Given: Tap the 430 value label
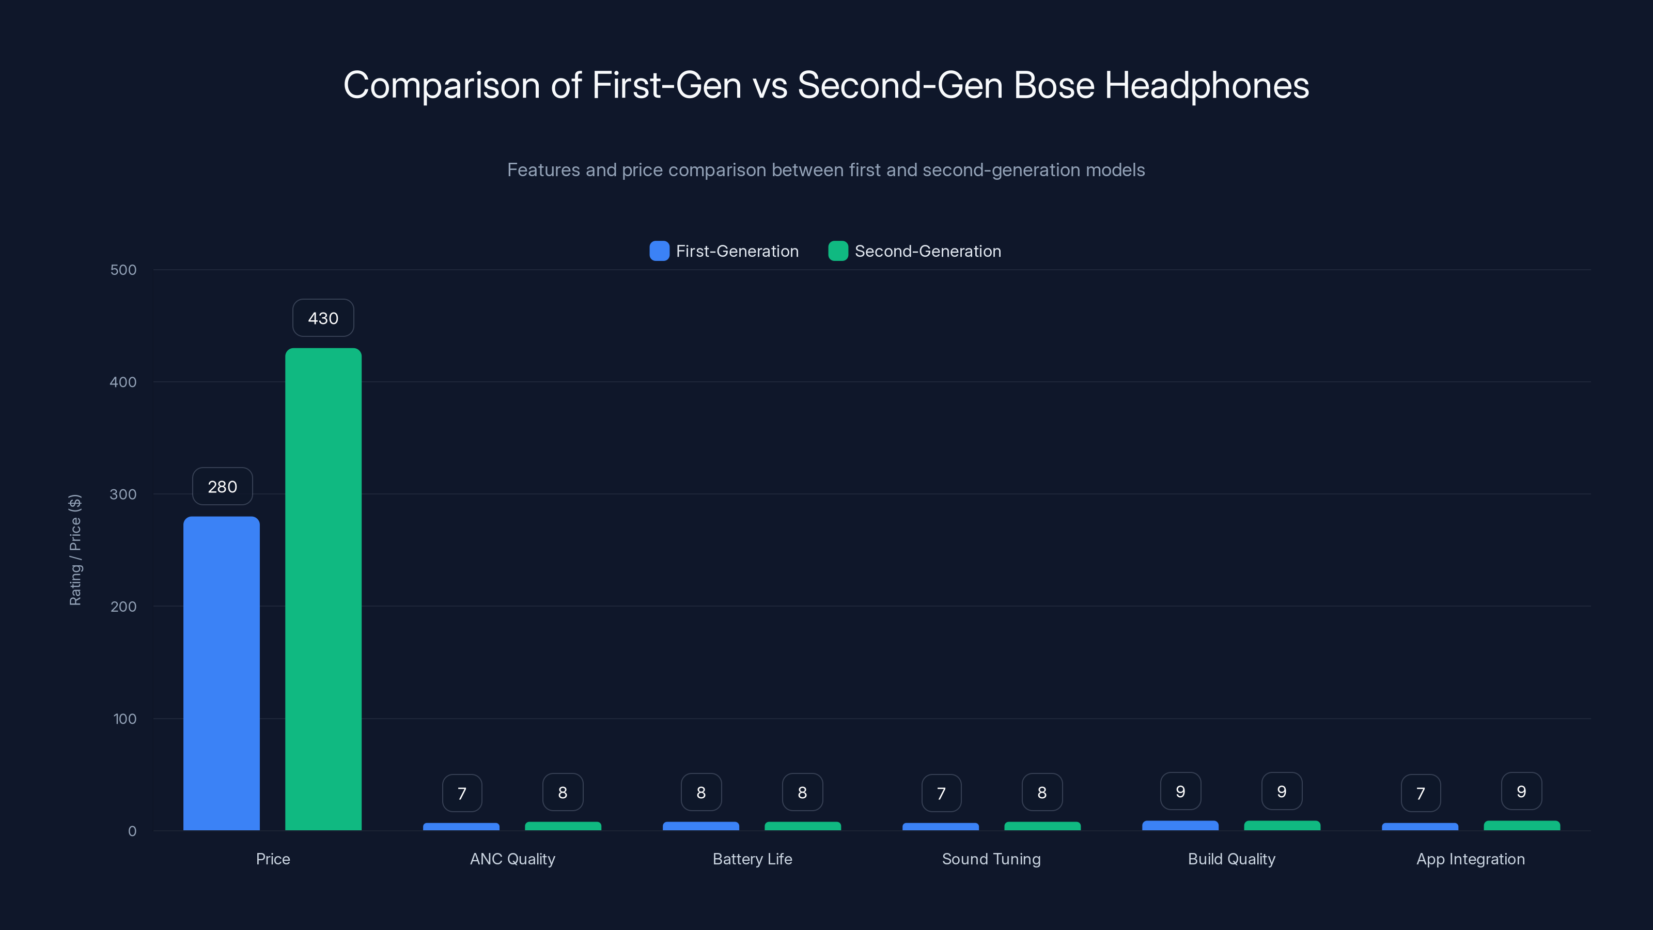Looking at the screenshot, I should [x=323, y=318].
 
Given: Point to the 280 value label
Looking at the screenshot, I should [x=222, y=487].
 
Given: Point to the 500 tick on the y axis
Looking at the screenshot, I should [x=123, y=270].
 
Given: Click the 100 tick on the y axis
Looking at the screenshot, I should [x=124, y=719].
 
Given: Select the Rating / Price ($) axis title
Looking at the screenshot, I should [x=75, y=550].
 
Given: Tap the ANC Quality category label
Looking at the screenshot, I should [x=512, y=859].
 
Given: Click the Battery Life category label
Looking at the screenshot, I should [x=752, y=859].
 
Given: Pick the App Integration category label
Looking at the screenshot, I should [x=1470, y=859].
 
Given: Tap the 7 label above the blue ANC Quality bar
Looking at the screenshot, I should [x=461, y=793].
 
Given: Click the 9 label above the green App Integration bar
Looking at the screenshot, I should [x=1521, y=792].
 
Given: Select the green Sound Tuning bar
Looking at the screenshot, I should [x=1042, y=826].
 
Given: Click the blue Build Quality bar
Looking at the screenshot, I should [x=1180, y=826].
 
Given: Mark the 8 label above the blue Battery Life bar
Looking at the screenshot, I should [x=701, y=793].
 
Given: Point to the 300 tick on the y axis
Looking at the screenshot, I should [x=123, y=494].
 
